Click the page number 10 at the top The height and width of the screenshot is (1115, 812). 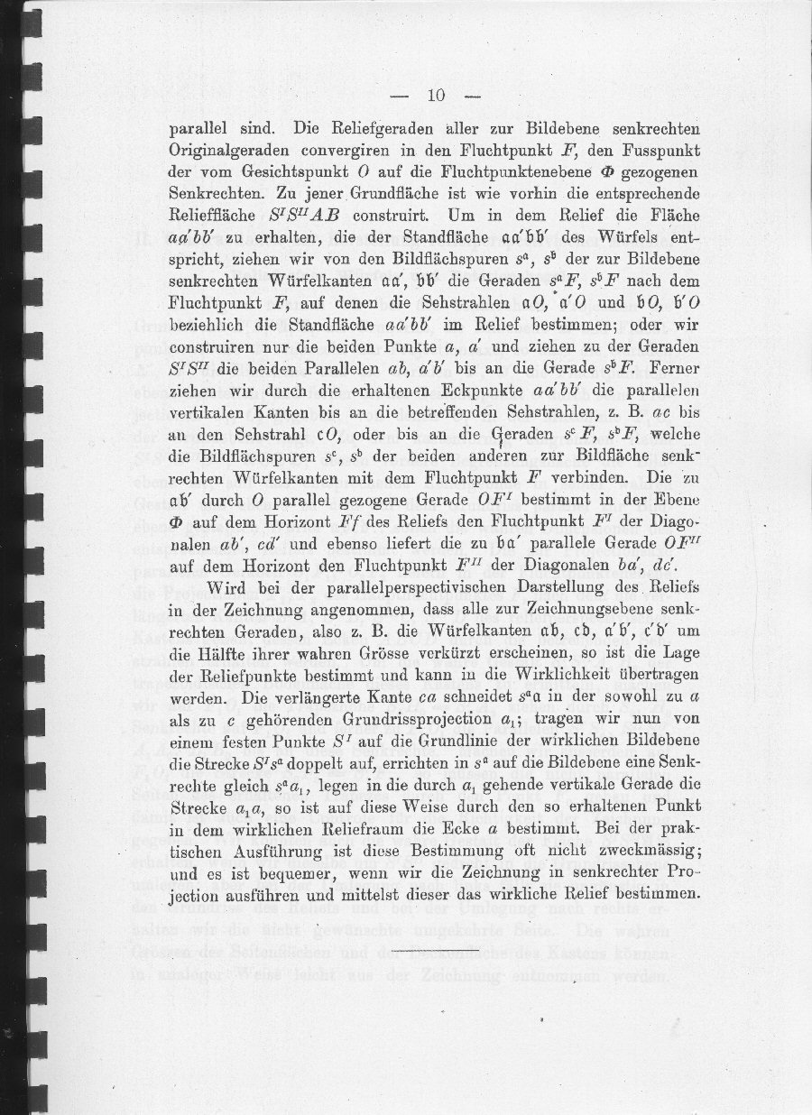(436, 96)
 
